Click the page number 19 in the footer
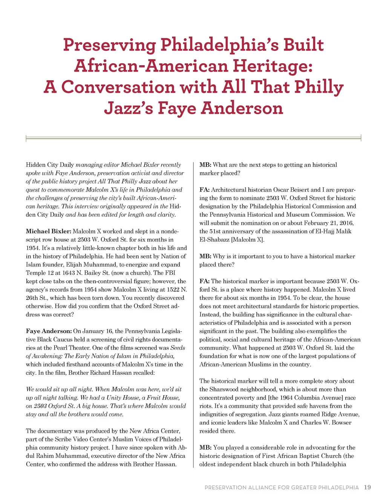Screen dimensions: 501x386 (x=367, y=487)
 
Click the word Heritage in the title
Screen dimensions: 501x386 (x=272, y=66)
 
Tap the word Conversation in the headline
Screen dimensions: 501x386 (x=118, y=87)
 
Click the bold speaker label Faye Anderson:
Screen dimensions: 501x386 (x=49, y=331)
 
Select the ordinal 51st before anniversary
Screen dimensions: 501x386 (x=217, y=231)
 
